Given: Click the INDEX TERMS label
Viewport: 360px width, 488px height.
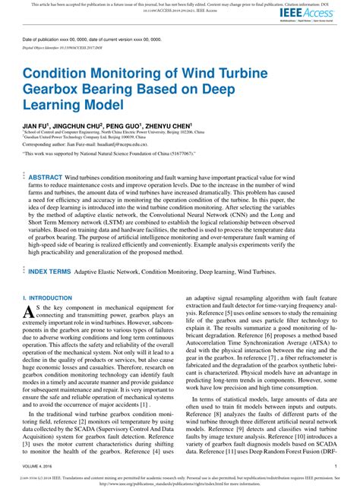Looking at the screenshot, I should click(50, 270).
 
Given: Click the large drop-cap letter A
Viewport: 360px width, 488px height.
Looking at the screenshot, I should click(28, 311).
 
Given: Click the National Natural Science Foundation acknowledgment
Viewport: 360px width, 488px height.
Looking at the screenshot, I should click(108, 153).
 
